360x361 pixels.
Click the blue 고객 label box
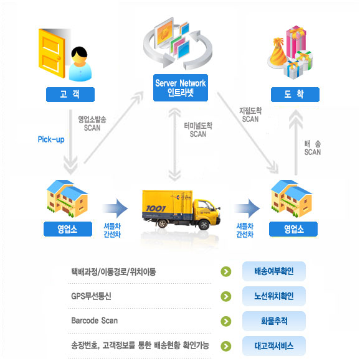pos(70,95)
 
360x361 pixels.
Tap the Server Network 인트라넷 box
pos(181,88)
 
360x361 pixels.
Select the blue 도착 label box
pos(295,95)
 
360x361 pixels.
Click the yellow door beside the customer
pos(52,54)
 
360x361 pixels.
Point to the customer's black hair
pos(80,52)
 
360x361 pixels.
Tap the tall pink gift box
pos(296,42)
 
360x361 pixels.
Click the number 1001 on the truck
pos(156,209)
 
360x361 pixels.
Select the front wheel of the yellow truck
pos(204,225)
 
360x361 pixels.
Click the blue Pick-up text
pos(51,139)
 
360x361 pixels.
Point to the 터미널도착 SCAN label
pos(198,130)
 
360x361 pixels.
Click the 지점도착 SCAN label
pos(250,115)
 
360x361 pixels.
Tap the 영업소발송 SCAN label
pos(92,123)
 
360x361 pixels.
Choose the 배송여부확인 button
pos(274,271)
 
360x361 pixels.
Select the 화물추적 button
pos(274,321)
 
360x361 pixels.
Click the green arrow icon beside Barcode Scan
pos(226,321)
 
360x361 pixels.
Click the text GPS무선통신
pos(91,296)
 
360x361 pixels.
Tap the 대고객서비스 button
pos(274,346)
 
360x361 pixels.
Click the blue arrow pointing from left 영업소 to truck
pos(115,209)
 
